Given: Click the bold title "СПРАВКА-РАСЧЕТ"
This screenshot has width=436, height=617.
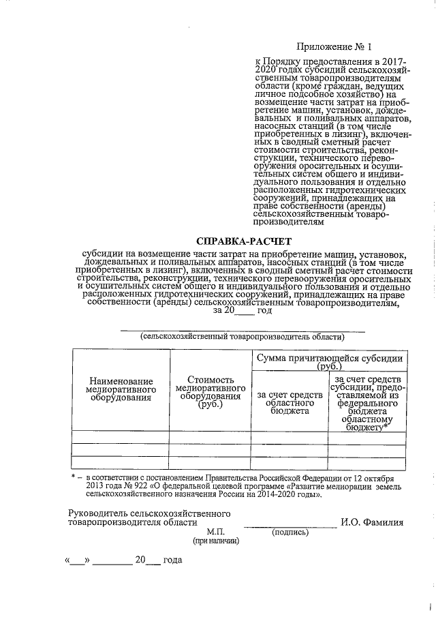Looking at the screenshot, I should [243, 241].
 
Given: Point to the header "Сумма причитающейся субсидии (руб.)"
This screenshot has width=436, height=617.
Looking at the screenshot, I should [328, 362].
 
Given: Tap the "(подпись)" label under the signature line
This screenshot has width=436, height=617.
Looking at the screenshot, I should [292, 532].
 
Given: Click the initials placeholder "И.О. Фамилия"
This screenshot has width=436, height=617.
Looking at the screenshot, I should [371, 523].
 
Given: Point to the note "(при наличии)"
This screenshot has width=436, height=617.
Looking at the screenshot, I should [216, 541].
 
